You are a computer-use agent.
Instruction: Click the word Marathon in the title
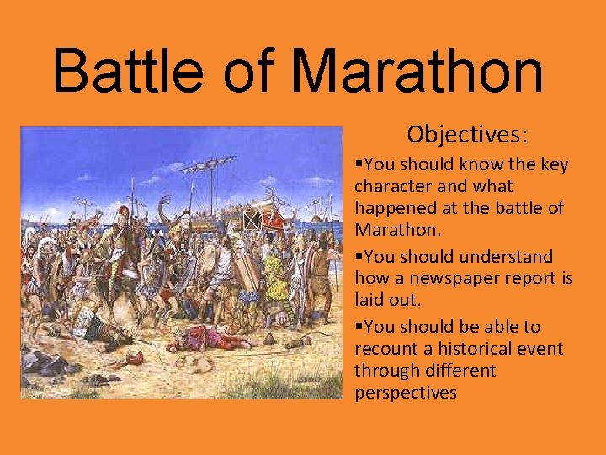click(417, 71)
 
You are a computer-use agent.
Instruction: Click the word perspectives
click(406, 393)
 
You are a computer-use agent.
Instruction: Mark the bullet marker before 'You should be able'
click(359, 327)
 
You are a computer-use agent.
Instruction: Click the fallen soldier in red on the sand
click(202, 340)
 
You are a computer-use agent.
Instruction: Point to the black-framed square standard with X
click(251, 221)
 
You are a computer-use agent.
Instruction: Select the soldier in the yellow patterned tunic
click(274, 278)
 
